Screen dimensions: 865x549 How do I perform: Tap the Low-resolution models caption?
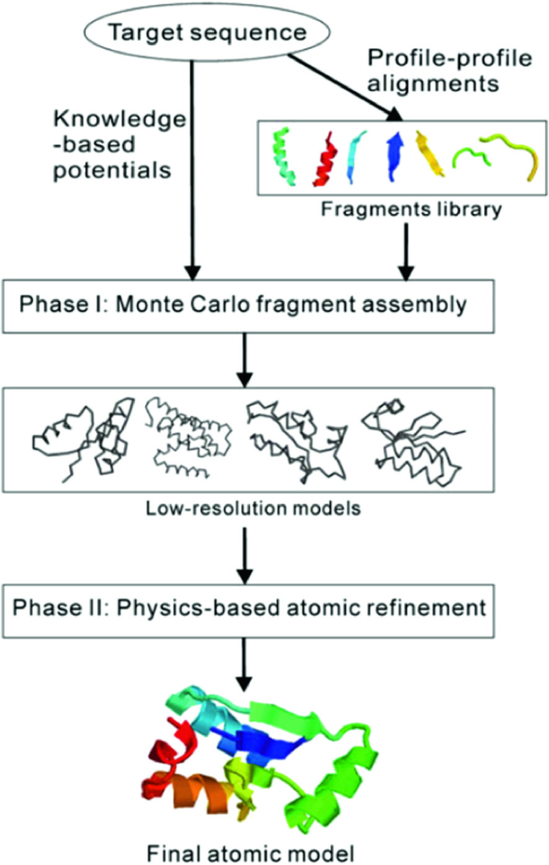coord(274,507)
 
